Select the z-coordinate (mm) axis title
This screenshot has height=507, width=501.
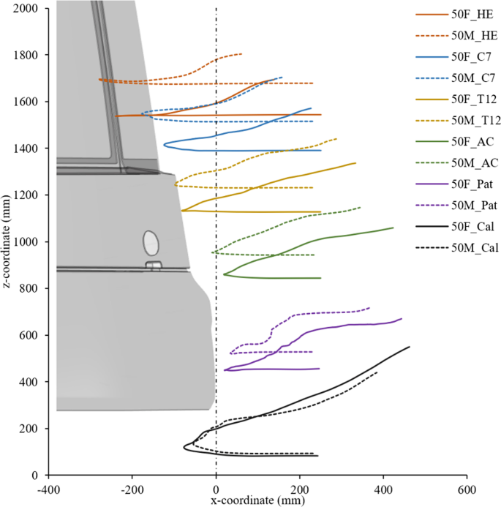pos(8,241)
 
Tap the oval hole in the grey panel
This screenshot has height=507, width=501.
pos(151,242)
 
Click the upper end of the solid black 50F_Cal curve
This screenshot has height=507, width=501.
pos(410,347)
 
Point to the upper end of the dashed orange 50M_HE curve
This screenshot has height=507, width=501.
pos(242,54)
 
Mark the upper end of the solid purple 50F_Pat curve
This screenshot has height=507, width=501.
pos(402,318)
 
